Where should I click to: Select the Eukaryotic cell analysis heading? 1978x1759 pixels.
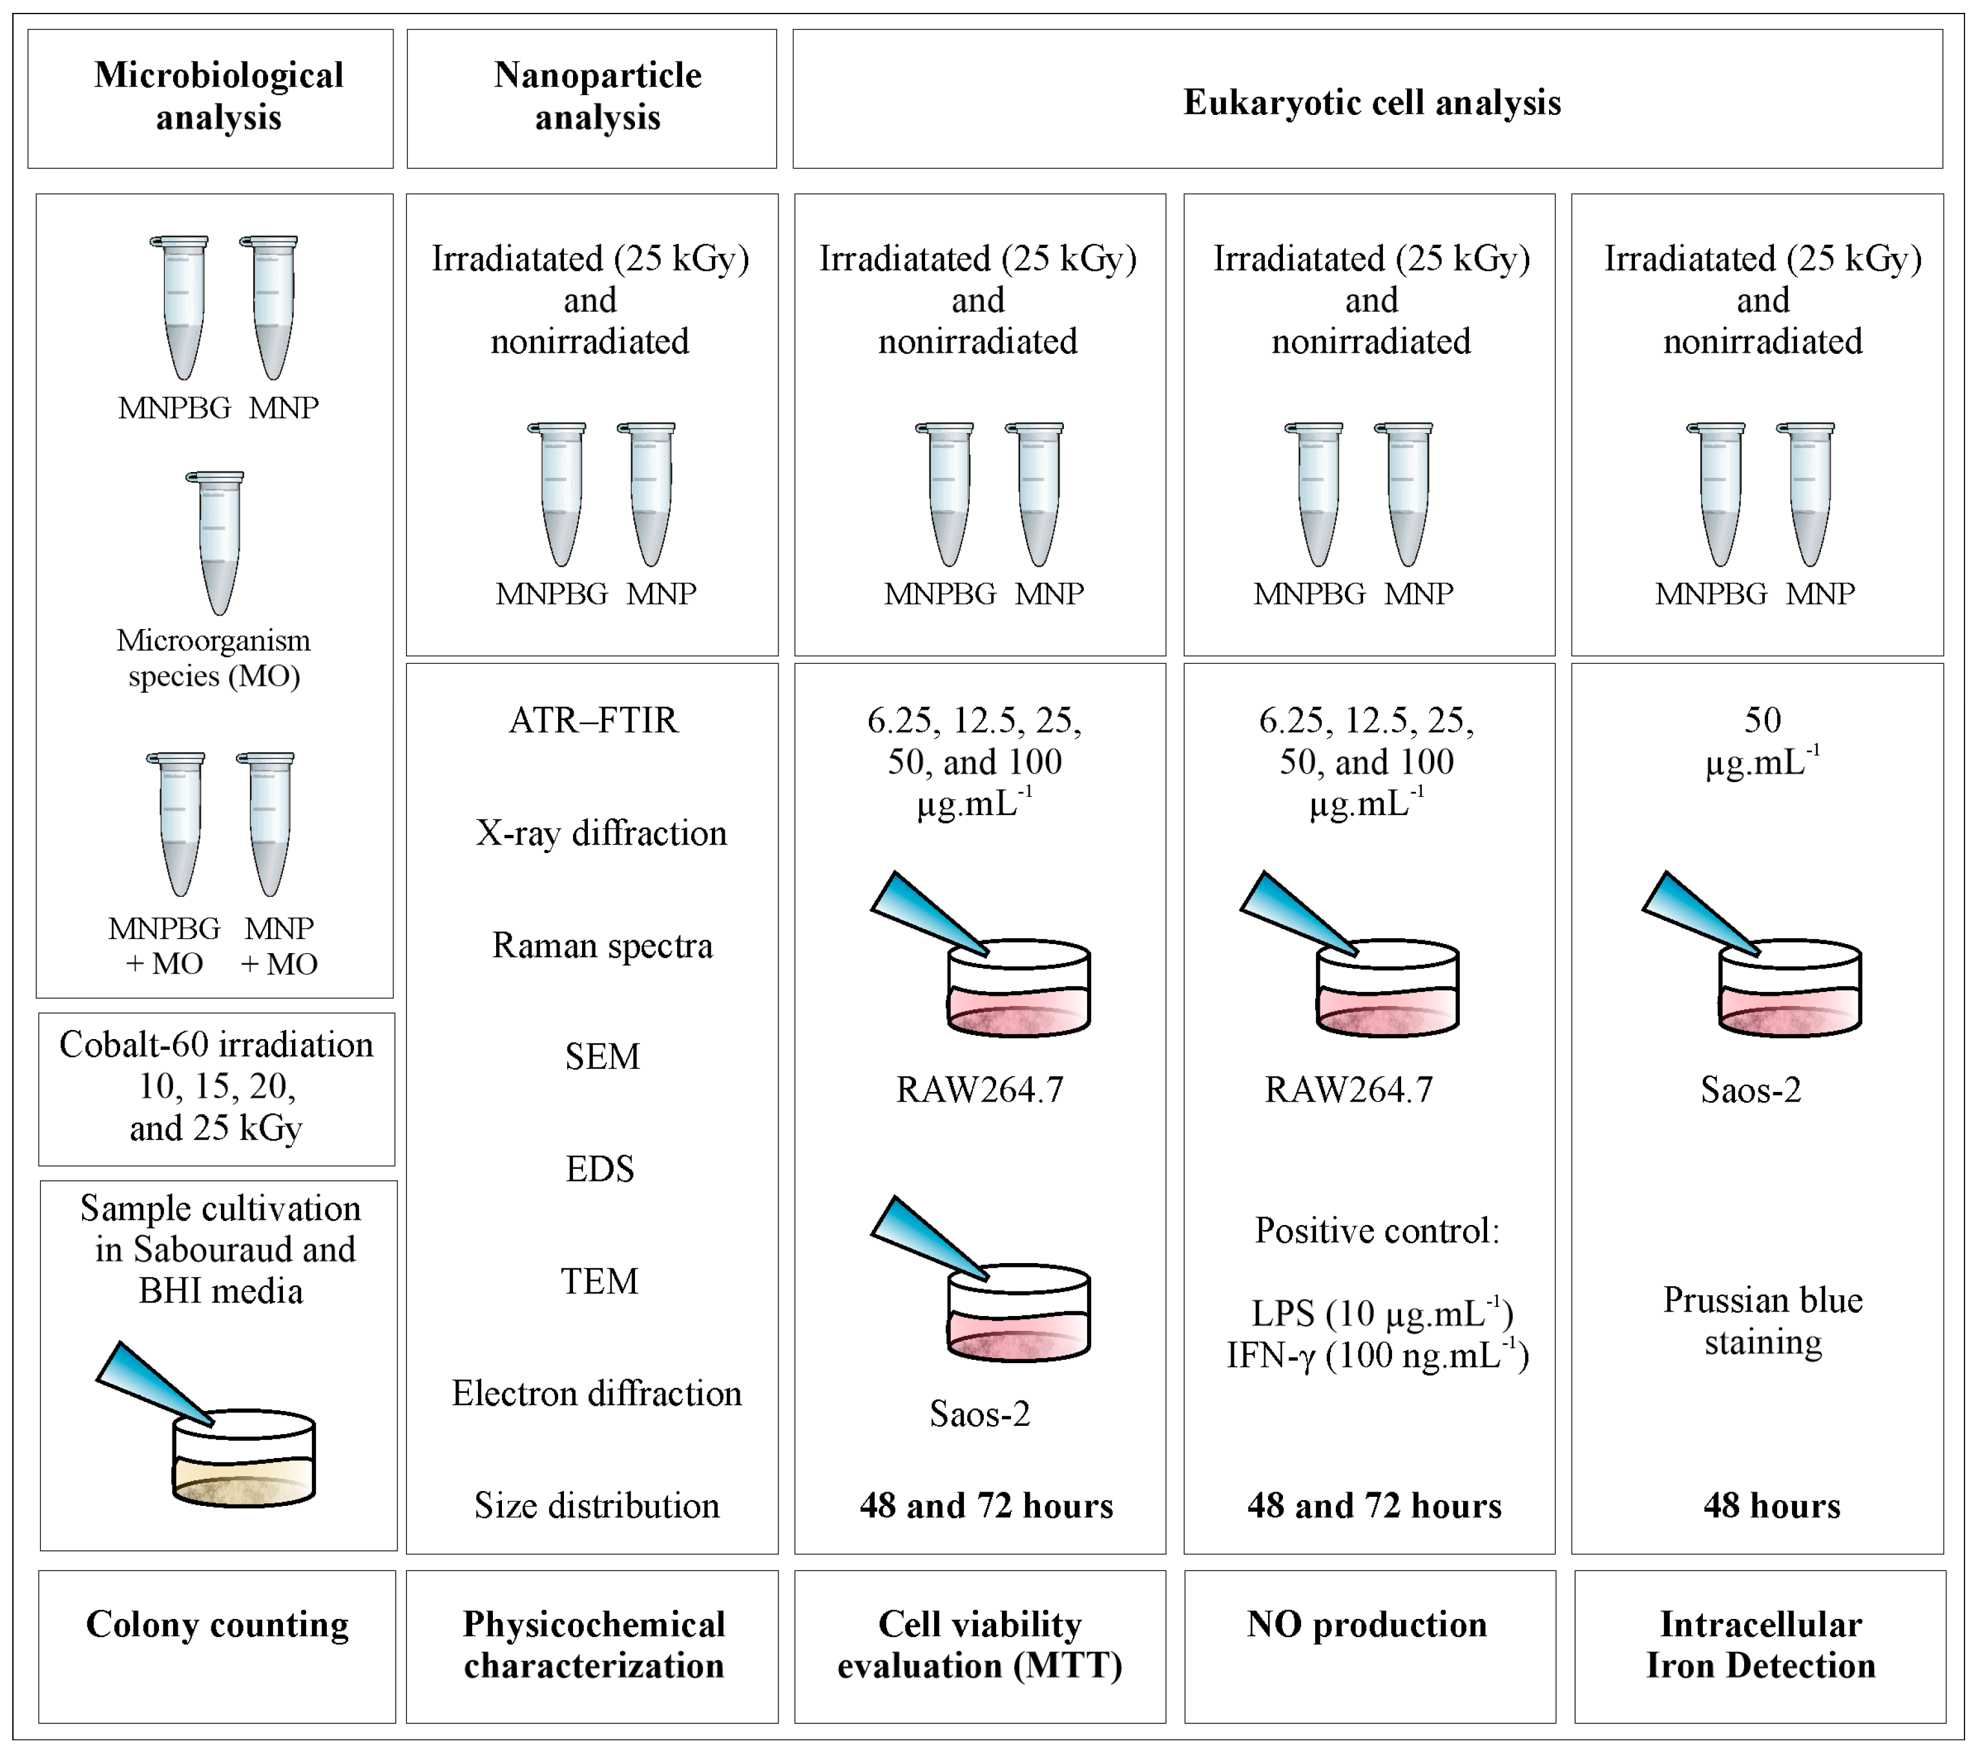1371,103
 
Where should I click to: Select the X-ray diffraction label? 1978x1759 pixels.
600,833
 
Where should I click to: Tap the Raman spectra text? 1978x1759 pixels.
602,945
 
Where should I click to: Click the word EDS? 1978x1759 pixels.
600,1169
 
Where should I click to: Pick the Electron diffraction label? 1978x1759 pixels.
596,1394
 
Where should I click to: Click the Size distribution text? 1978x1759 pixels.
596,1505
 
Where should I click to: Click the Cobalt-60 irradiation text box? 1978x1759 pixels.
216,1087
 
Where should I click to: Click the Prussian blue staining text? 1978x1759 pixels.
1762,1321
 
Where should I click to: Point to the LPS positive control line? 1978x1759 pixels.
1381,1313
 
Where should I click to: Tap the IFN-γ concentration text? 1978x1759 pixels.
1377,1355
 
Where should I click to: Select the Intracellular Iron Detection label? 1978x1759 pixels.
1760,1644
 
